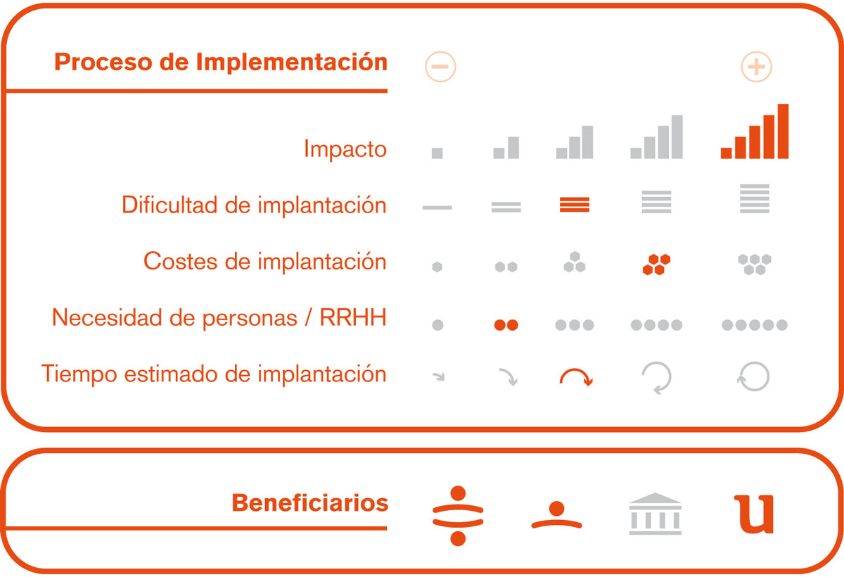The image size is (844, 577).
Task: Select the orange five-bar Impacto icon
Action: pos(754,132)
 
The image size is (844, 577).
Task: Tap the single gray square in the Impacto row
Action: pos(437,153)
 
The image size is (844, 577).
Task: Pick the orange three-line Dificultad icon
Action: pos(575,205)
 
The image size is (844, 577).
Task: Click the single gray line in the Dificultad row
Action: pos(437,208)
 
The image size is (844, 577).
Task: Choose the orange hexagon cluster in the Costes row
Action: pos(656,265)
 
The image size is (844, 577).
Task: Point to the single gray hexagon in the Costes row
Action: pos(437,267)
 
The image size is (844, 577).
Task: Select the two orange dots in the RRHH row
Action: pos(506,325)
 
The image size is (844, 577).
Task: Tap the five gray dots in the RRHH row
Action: pos(754,325)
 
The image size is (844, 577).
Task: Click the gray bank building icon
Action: pos(656,514)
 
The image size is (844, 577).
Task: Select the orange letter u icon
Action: pos(754,514)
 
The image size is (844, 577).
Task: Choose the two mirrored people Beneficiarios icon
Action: pos(458,516)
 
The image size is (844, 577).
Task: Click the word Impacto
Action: pos(345,149)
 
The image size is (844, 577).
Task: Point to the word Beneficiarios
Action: pos(309,502)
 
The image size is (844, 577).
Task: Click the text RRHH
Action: pos(353,317)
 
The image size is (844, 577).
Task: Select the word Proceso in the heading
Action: pos(103,62)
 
